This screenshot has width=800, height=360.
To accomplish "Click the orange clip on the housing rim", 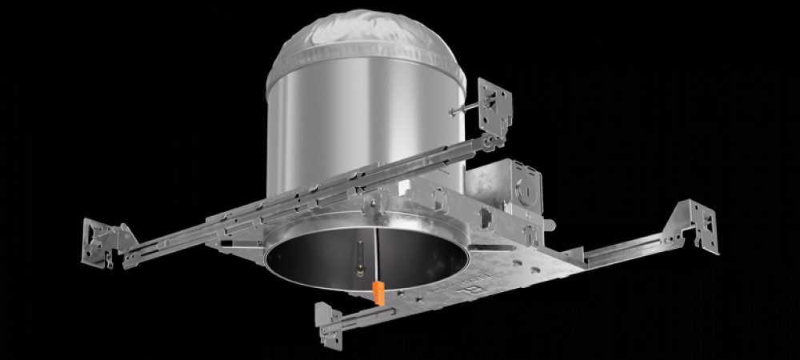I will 378,292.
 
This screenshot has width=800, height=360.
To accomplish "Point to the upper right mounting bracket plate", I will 495,106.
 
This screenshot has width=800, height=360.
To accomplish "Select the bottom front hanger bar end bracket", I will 328,324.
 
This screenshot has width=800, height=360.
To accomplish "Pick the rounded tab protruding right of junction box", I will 551,226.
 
